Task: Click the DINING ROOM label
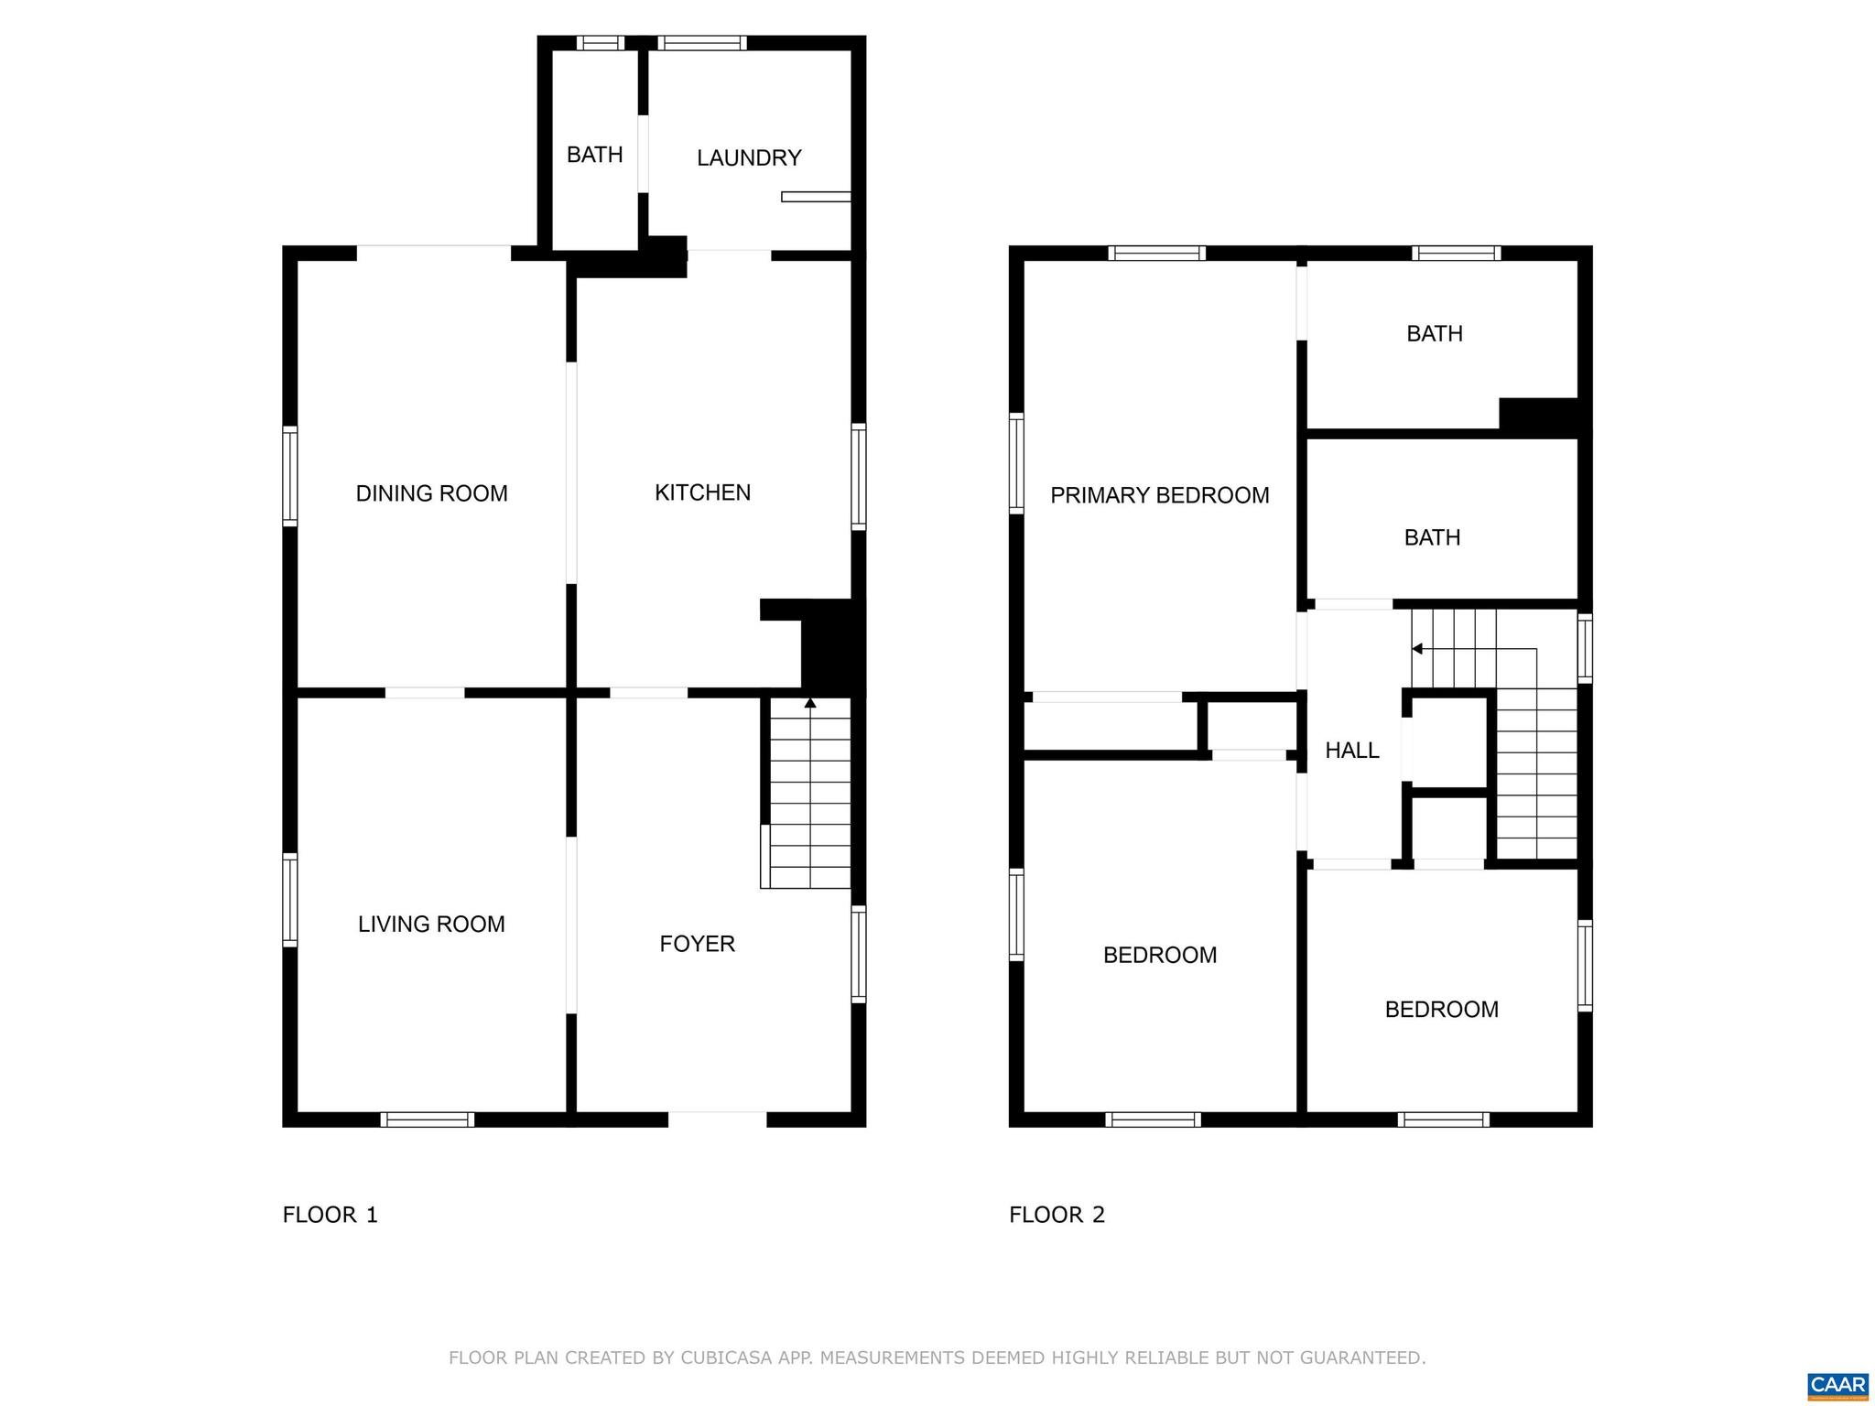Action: pyautogui.click(x=431, y=493)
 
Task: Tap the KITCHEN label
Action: pyautogui.click(x=702, y=492)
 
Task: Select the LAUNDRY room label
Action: pyautogui.click(x=749, y=158)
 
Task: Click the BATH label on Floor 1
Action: pyautogui.click(x=594, y=155)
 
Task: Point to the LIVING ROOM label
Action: pyautogui.click(x=431, y=925)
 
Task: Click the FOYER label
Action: pyautogui.click(x=697, y=944)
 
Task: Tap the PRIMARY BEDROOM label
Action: pyautogui.click(x=1159, y=495)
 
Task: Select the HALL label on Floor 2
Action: pyautogui.click(x=1351, y=751)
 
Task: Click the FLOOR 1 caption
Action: pyautogui.click(x=330, y=1215)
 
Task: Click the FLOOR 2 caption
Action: pyautogui.click(x=1057, y=1215)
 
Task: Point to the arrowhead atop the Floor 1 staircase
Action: pyautogui.click(x=809, y=703)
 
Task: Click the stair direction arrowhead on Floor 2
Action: pyautogui.click(x=1416, y=649)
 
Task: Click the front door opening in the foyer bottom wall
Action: pyautogui.click(x=717, y=1119)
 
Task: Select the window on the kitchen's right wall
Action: pyautogui.click(x=858, y=476)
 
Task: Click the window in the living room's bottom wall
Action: pyautogui.click(x=427, y=1119)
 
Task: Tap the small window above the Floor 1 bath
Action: pyautogui.click(x=600, y=43)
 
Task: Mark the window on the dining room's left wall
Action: pyautogui.click(x=289, y=476)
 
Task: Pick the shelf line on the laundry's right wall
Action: pyautogui.click(x=815, y=196)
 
